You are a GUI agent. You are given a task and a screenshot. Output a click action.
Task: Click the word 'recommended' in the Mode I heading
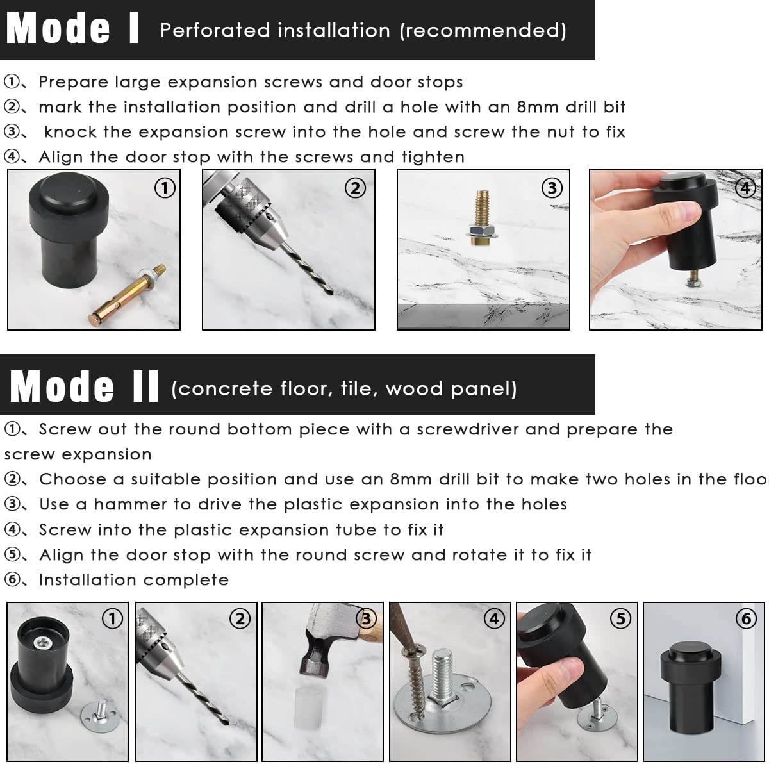(x=483, y=30)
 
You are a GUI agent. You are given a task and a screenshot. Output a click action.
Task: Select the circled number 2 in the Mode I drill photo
(x=355, y=188)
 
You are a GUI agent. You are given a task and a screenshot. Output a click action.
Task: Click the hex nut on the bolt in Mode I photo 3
(x=482, y=231)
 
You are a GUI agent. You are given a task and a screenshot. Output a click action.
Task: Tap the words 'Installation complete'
(x=134, y=580)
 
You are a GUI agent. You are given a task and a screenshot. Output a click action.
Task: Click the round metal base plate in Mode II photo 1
(x=99, y=716)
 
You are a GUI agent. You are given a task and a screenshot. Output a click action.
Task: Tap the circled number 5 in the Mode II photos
(x=620, y=619)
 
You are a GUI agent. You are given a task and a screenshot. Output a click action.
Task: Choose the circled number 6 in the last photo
(x=746, y=619)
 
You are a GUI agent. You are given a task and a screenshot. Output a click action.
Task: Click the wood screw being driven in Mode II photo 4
(x=413, y=679)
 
